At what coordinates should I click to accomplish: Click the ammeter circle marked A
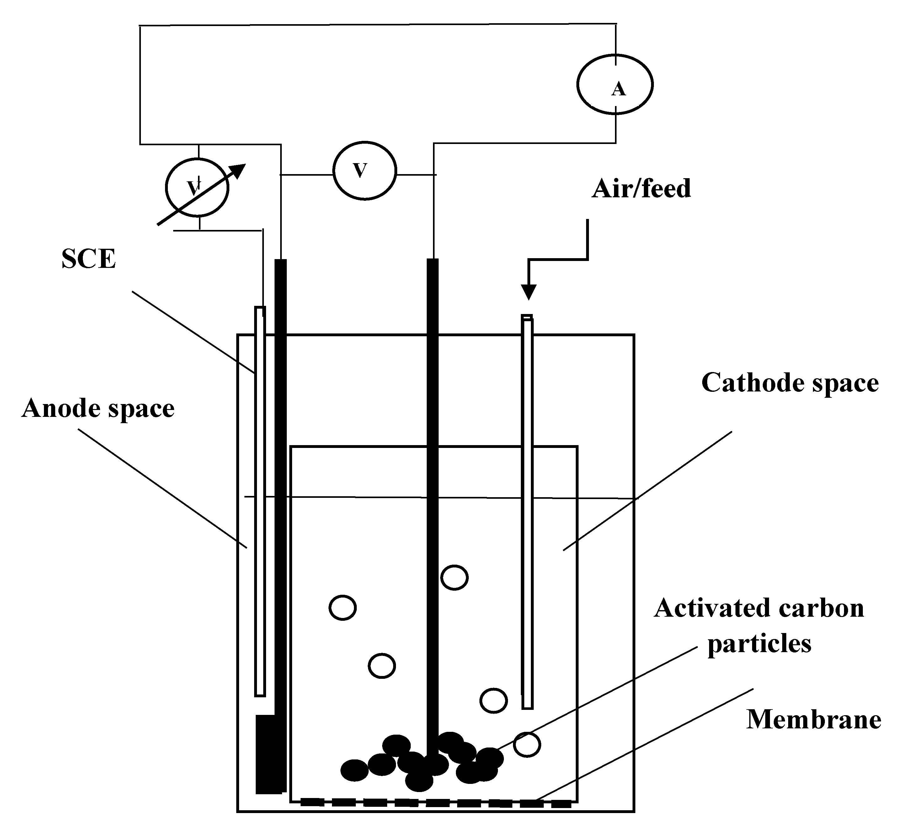[615, 84]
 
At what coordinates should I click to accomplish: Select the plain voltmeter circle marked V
[364, 171]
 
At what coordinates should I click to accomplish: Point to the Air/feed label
[641, 189]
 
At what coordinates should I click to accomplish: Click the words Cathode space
[790, 383]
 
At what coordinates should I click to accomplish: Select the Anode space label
[98, 408]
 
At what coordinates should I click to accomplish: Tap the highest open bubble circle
[454, 577]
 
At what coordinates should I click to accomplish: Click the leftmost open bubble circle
[342, 608]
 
